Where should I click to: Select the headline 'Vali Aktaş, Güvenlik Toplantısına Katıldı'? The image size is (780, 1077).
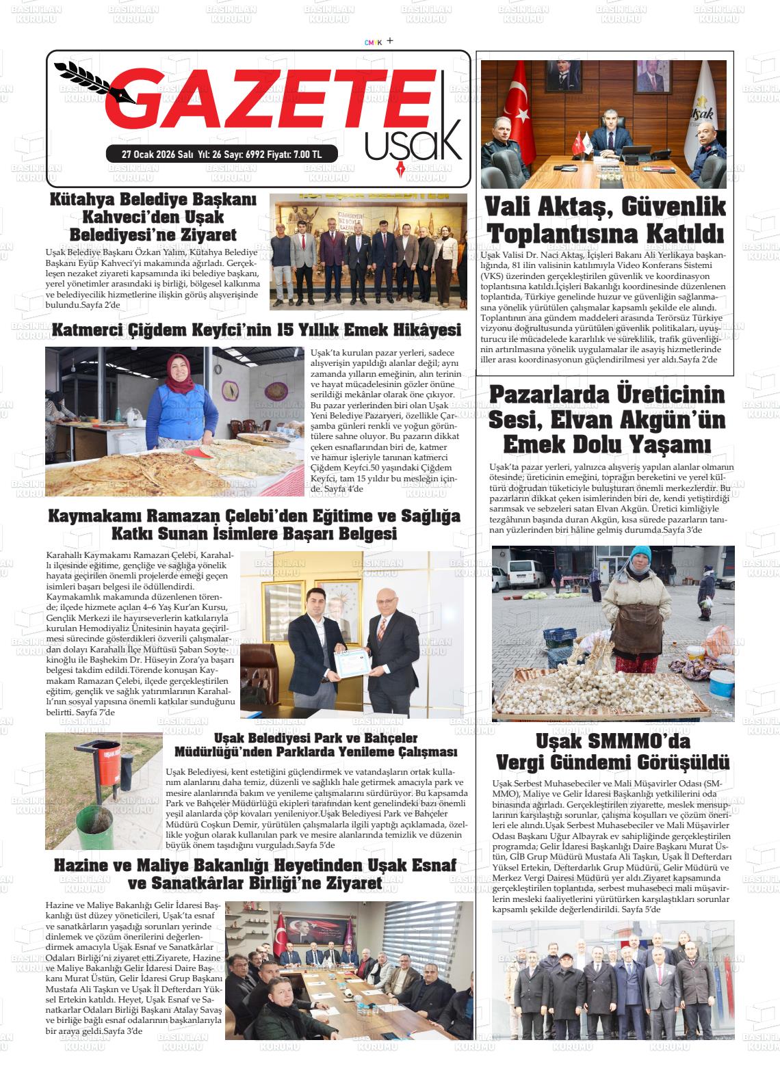605,220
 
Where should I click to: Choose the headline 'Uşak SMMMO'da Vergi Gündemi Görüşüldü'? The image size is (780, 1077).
612,752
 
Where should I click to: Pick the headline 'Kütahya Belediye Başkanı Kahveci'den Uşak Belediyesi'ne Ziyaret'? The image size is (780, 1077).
153,217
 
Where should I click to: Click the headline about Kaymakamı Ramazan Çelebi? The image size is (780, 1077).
254,524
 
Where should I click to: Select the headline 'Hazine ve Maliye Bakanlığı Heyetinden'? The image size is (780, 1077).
255,874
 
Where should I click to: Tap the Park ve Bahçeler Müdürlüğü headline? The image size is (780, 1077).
315,745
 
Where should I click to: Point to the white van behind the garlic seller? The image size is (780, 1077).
524,574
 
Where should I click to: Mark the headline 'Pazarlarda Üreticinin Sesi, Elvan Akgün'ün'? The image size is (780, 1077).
606,419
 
